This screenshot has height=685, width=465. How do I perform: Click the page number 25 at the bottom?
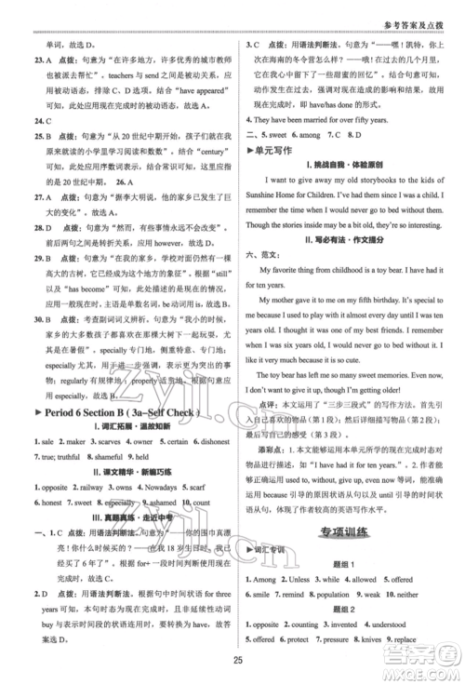232,660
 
